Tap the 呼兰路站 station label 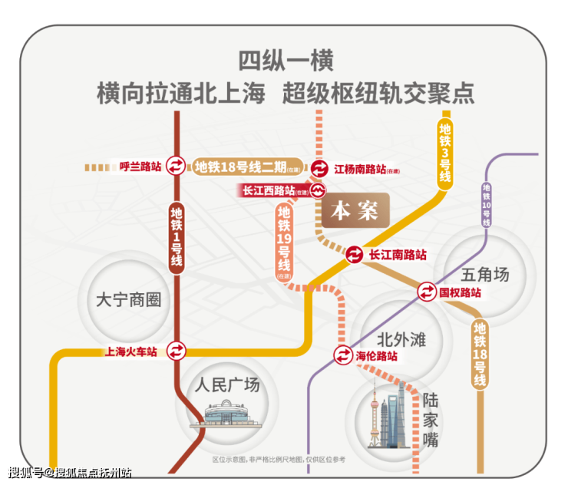(x=140, y=166)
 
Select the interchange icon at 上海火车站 (x=177, y=351)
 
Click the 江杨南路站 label (x=360, y=168)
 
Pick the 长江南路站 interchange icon (x=355, y=254)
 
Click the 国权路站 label (x=460, y=292)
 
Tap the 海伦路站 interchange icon (x=343, y=356)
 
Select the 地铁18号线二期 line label (x=240, y=167)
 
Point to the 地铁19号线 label (x=284, y=238)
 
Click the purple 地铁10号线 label (x=486, y=203)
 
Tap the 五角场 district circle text (x=486, y=273)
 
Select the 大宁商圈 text (x=130, y=299)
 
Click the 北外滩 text (x=401, y=338)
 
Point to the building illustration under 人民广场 (x=223, y=415)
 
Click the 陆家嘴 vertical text (x=430, y=421)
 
